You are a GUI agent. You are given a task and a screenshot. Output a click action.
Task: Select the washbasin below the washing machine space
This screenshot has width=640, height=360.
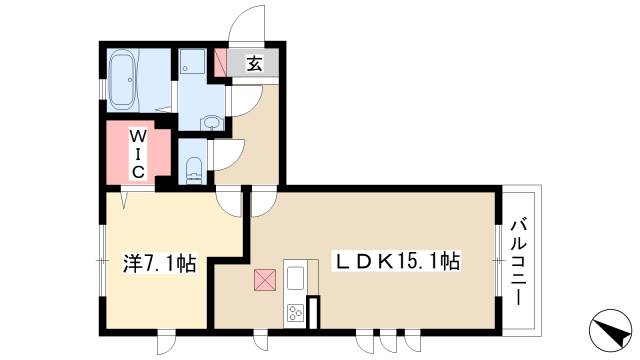pos(210,123)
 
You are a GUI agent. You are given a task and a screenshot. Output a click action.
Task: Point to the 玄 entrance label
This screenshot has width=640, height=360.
pos(254,65)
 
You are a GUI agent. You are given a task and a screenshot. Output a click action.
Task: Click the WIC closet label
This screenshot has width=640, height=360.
pos(139,152)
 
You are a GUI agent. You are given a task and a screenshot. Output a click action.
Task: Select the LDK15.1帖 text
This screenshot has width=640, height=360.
pos(396,262)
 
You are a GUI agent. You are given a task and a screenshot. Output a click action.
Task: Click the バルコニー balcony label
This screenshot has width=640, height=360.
pos(518,261)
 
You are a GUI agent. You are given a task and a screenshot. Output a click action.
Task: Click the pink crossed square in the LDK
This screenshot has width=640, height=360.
pos(265,280)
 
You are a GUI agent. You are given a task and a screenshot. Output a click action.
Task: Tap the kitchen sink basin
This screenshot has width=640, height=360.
pos(296,275)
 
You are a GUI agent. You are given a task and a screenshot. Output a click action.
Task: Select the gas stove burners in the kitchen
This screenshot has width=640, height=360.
pos(296,313)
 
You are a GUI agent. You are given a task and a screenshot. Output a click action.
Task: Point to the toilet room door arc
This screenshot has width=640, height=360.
pos(227,156)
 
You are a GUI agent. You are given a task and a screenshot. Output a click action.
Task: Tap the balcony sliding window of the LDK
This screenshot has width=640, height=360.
pos(497,261)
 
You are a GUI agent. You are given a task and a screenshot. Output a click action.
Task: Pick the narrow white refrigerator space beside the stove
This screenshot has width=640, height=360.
pos(313,312)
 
